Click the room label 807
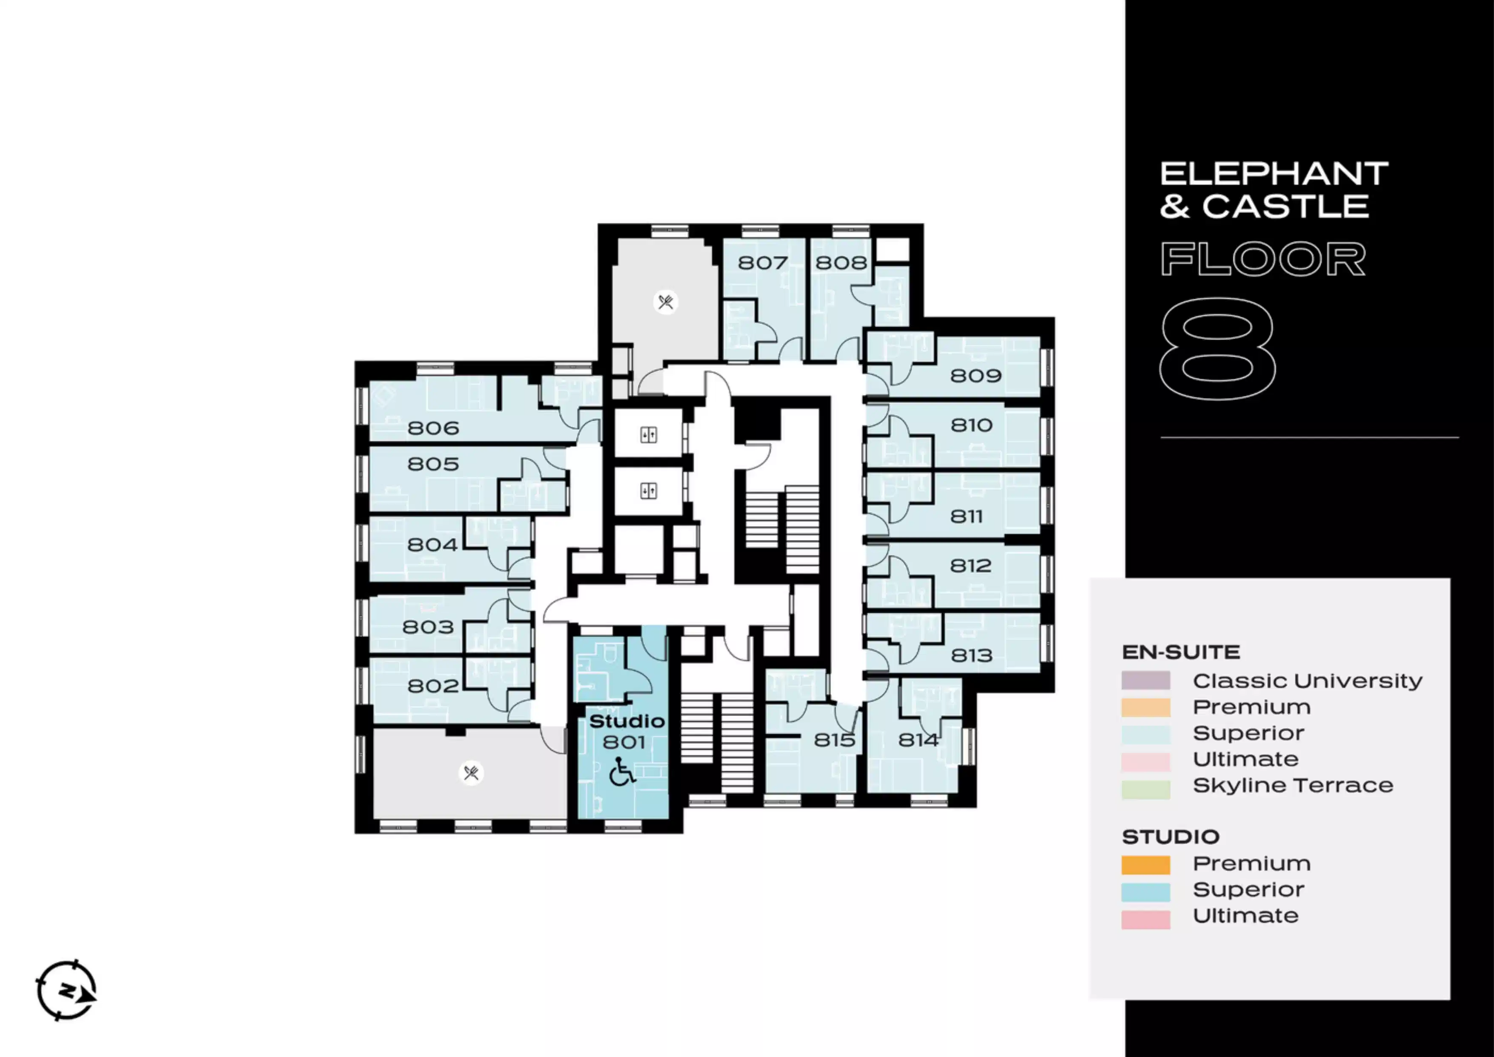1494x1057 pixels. (x=763, y=263)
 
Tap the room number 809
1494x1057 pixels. (x=976, y=376)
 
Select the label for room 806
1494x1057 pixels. (x=433, y=428)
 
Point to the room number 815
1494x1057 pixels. (x=834, y=740)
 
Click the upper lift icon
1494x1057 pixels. (x=649, y=435)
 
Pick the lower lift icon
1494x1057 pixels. (x=649, y=490)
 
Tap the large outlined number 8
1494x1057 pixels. (x=1217, y=349)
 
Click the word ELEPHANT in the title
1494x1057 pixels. (x=1274, y=174)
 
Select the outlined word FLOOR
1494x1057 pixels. (x=1263, y=259)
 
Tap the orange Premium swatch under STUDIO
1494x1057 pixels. (x=1146, y=865)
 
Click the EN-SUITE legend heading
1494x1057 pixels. (x=1181, y=652)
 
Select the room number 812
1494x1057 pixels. (x=970, y=566)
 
